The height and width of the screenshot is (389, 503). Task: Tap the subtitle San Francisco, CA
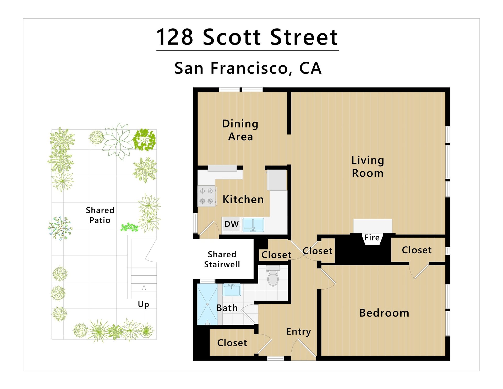pyautogui.click(x=248, y=68)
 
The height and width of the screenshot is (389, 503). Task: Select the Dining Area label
pyautogui.click(x=240, y=130)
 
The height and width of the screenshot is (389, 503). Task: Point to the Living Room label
pyautogui.click(x=368, y=167)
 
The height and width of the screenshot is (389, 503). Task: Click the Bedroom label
pyautogui.click(x=384, y=313)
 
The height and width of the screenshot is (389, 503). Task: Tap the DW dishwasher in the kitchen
pyautogui.click(x=231, y=224)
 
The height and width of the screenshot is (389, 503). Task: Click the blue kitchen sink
pyautogui.click(x=253, y=225)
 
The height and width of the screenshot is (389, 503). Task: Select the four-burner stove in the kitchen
pyautogui.click(x=207, y=196)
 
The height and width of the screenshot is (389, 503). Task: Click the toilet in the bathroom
pyautogui.click(x=273, y=276)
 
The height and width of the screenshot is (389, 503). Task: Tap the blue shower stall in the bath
pyautogui.click(x=207, y=304)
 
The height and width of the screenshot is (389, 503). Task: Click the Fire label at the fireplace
pyautogui.click(x=372, y=238)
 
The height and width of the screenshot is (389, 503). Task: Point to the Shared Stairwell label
pyautogui.click(x=222, y=259)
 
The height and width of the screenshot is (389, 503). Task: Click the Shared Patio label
pyautogui.click(x=100, y=215)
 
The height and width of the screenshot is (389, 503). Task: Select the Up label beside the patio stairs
pyautogui.click(x=143, y=305)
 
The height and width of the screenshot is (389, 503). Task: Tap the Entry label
pyautogui.click(x=299, y=332)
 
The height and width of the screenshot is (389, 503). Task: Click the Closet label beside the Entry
pyautogui.click(x=232, y=343)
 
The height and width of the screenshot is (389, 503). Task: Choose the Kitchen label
pyautogui.click(x=243, y=199)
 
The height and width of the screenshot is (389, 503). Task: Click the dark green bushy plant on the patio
pyautogui.click(x=144, y=140)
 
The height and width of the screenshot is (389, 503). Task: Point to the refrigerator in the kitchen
pyautogui.click(x=277, y=180)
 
